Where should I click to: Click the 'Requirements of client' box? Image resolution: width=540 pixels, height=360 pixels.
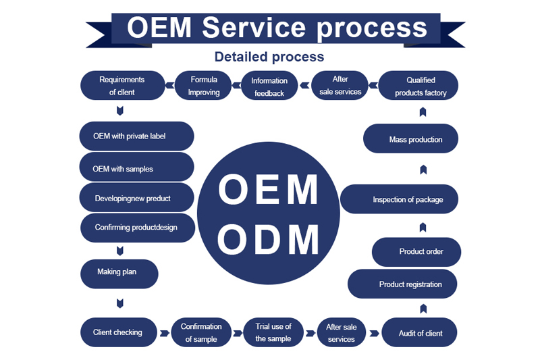pos(122,86)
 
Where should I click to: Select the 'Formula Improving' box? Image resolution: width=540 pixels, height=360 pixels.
pos(204,86)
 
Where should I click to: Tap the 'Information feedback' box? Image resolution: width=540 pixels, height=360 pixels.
pos(269,86)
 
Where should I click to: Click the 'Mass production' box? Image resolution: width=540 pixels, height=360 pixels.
pos(410,140)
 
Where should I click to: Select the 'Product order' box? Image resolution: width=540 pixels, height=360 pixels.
pos(416,252)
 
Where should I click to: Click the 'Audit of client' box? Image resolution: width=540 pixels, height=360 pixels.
pos(420,332)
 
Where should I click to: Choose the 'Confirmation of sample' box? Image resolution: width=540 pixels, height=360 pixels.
pos(201,332)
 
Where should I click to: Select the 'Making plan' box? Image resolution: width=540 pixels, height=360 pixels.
pos(119,273)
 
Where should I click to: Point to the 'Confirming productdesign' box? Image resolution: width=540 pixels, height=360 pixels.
pos(137,228)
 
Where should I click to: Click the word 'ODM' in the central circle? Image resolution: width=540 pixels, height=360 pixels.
pos(269,239)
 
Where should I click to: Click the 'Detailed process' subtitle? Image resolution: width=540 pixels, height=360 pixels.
pos(269,57)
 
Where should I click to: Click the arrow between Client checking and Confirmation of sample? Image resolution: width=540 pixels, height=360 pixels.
pos(164,333)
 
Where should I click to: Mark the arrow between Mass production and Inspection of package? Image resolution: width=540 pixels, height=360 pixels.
pos(423,169)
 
